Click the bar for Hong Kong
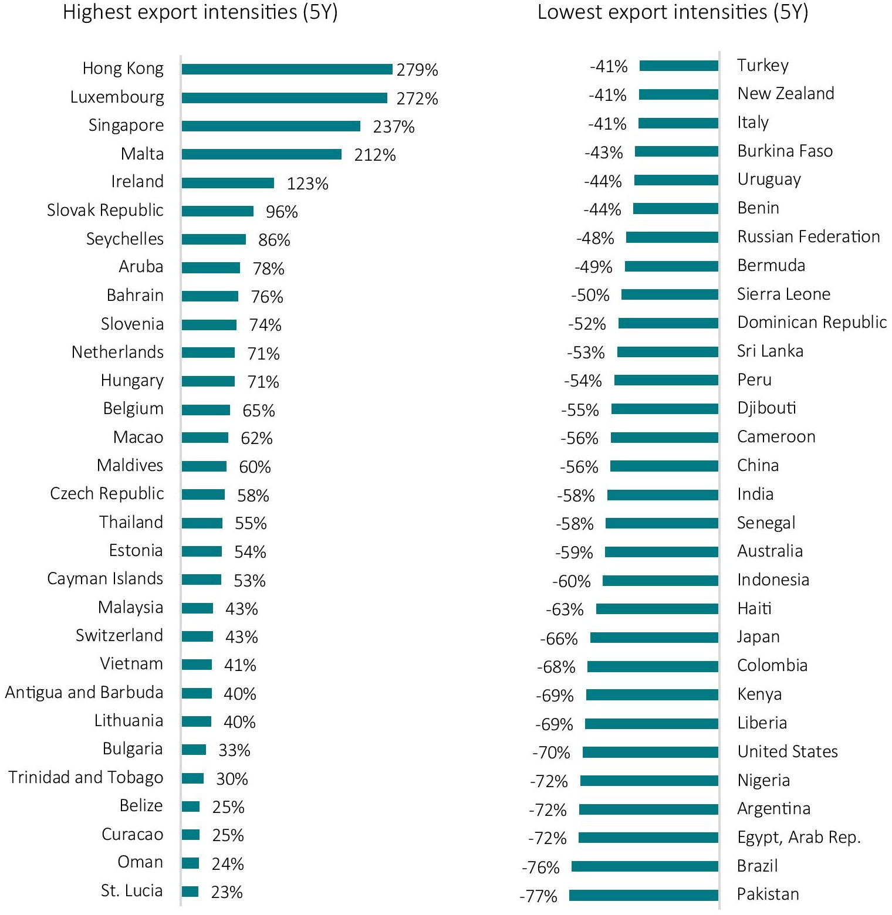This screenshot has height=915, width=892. pyautogui.click(x=287, y=69)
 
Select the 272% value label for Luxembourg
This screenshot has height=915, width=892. pyautogui.click(x=417, y=99)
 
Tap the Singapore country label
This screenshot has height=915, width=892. pyautogui.click(x=126, y=126)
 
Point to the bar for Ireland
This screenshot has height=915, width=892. pyautogui.click(x=228, y=183)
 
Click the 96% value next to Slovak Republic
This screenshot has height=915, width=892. pyautogui.click(x=282, y=212)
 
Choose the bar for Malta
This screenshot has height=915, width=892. pyautogui.click(x=262, y=154)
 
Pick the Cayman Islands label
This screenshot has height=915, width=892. pyautogui.click(x=105, y=579)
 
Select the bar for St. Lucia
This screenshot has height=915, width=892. pyautogui.click(x=190, y=892)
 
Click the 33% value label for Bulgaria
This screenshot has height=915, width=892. pyautogui.click(x=234, y=750)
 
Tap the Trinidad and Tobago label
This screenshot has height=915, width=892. pyautogui.click(x=86, y=777)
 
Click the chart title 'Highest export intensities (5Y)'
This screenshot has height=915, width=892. pyautogui.click(x=200, y=12)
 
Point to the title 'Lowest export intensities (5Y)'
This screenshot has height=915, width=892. pyautogui.click(x=673, y=12)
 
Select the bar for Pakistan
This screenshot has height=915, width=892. pyautogui.click(x=644, y=895)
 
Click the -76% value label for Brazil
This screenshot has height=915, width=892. pyautogui.click(x=540, y=867)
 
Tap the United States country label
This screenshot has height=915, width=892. pyautogui.click(x=788, y=751)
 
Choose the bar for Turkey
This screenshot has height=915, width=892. pyautogui.click(x=679, y=66)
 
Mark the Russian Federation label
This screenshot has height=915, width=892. pyautogui.click(x=809, y=236)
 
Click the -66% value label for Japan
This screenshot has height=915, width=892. pyautogui.click(x=559, y=639)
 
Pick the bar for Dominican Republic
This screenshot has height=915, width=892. pyautogui.click(x=668, y=323)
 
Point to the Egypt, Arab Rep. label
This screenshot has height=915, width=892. pyautogui.click(x=799, y=838)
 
